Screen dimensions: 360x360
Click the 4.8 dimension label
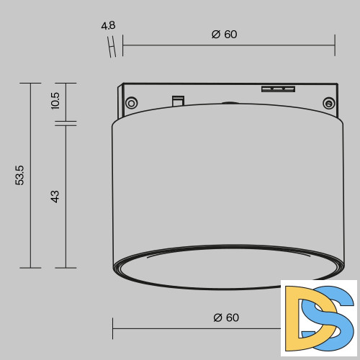[108, 26]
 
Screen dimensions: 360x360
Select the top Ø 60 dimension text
[225, 35]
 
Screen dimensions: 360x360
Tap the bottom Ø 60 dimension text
[226, 318]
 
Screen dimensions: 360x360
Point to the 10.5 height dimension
[55, 102]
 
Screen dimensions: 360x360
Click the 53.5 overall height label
[20, 175]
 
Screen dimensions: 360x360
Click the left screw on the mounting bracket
[131, 103]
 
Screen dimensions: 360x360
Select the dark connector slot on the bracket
[278, 89]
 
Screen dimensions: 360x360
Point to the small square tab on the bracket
[176, 100]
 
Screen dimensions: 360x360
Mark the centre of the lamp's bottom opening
[223, 269]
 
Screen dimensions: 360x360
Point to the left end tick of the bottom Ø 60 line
[113, 328]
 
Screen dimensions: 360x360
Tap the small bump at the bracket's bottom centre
[229, 104]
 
